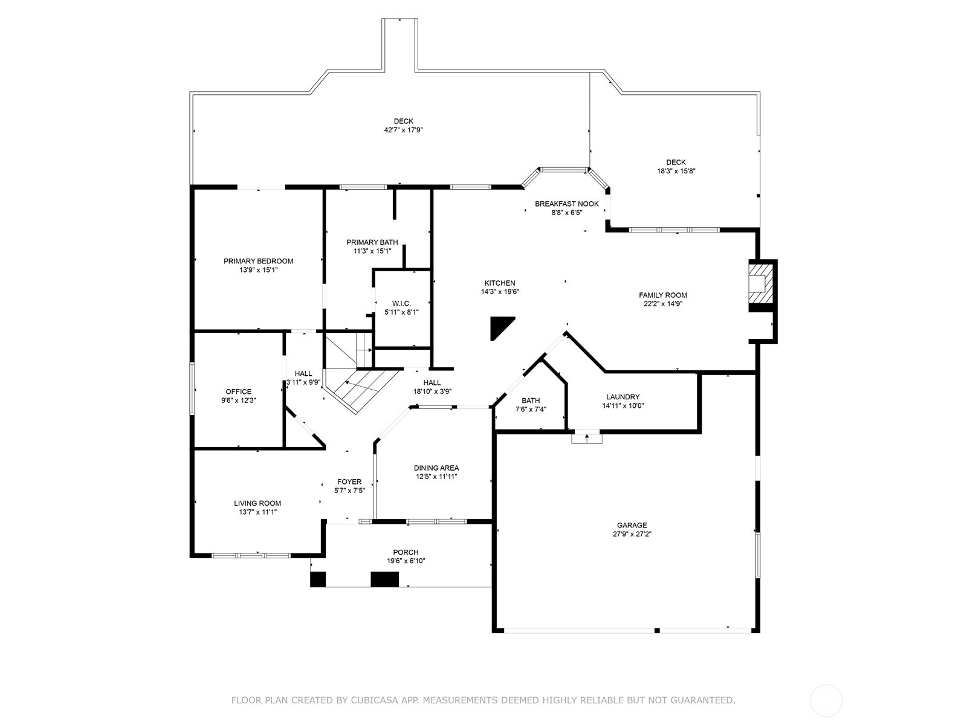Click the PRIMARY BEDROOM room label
pos(258,261)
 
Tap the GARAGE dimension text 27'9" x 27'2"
pos(632,534)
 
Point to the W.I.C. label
pos(401,303)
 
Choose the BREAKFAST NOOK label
pos(566,204)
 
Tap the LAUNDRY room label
pos(623,397)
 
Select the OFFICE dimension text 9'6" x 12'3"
pos(238,400)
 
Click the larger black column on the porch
pos(384,579)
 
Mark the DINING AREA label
pos(436,468)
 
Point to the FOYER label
pos(349,482)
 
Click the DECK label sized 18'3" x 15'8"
pos(676,162)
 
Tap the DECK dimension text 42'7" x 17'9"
pos(403,130)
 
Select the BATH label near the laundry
pos(531,401)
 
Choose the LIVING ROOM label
pos(257,503)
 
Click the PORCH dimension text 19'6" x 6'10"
pos(406,561)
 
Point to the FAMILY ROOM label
pos(663,295)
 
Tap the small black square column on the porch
pos(318,579)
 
